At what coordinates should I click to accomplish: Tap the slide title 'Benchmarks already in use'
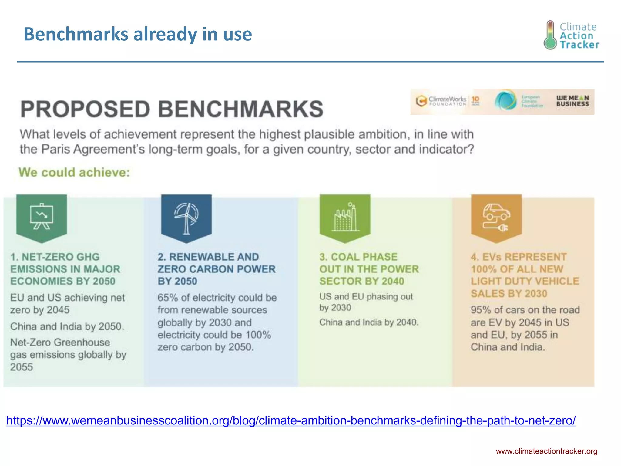coord(138,34)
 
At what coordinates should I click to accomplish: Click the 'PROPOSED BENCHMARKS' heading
coord(172,109)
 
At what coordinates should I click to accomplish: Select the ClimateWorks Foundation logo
coord(441,101)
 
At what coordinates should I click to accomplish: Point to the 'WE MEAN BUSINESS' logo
coord(572,101)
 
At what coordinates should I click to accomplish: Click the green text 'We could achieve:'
coord(74,172)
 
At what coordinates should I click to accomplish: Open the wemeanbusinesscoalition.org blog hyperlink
coord(291,420)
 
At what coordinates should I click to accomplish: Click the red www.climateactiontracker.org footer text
coord(546,451)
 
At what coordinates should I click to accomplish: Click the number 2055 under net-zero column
coord(22,367)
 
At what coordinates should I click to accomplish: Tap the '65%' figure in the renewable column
coord(167,298)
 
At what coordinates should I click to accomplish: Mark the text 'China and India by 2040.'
coord(369,322)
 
